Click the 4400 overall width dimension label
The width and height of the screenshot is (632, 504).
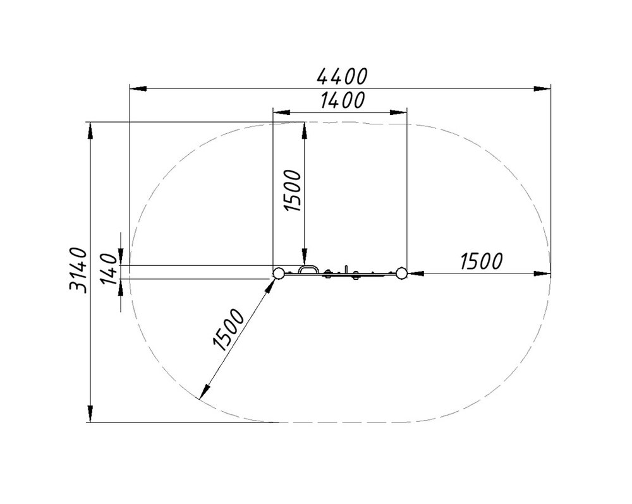tap(342, 76)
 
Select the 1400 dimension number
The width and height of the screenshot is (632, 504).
tap(343, 100)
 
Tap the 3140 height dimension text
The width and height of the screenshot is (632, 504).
tap(78, 270)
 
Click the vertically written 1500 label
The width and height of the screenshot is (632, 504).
tap(293, 191)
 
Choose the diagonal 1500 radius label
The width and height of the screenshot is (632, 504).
tap(228, 330)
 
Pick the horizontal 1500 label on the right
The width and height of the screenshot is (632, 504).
tap(481, 261)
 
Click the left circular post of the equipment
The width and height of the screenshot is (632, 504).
tap(277, 273)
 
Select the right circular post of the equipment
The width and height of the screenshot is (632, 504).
tap(401, 273)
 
